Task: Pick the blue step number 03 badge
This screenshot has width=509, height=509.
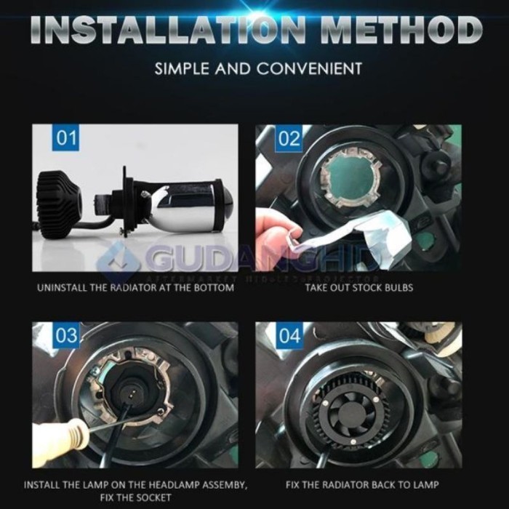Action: point(67,335)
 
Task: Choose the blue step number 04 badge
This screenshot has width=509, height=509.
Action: point(289,335)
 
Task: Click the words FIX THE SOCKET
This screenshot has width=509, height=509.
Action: point(135,497)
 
